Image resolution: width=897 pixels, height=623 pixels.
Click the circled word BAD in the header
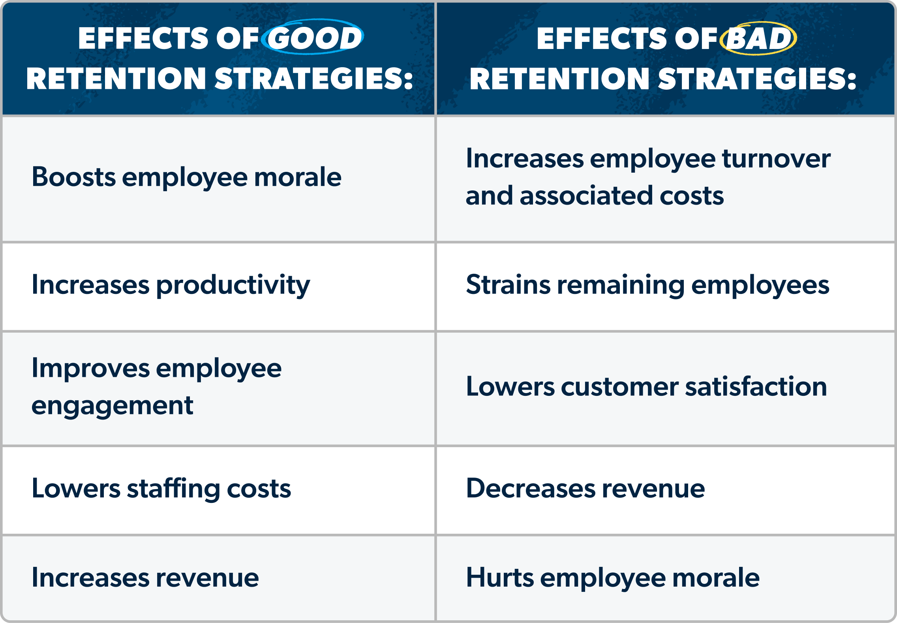coord(758,38)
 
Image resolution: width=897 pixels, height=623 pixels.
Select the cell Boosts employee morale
coord(186,177)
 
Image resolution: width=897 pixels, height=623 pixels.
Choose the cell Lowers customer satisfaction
coord(646,387)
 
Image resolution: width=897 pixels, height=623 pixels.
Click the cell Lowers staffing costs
coord(161,489)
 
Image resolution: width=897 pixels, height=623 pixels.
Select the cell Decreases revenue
coord(585,489)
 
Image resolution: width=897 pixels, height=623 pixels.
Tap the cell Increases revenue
coord(145,578)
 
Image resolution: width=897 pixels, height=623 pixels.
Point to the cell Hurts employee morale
coord(612,578)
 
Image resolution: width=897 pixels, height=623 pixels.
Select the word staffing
coord(173,489)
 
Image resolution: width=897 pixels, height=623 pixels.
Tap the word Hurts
coord(500,578)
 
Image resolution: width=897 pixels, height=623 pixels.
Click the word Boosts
coord(73,177)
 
